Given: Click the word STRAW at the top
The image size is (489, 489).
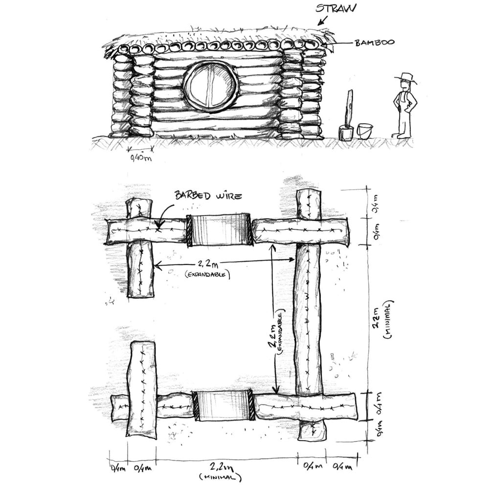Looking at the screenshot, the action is point(335,8).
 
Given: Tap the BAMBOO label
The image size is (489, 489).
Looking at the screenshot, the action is point(375,43).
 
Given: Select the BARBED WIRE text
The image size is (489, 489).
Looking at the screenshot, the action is point(208,196).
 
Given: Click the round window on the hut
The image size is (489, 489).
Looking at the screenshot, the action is point(211,86).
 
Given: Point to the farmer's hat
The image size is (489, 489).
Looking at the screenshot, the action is point(405,78).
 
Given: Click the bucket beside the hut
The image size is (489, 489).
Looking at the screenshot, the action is point(365,131).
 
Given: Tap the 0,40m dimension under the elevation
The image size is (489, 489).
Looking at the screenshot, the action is point(141,158).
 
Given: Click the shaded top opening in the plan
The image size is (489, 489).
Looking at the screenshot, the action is point(220,230).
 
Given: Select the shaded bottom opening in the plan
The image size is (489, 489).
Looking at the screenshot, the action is point(223,404).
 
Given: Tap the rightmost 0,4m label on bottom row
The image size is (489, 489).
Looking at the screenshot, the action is point(342,467).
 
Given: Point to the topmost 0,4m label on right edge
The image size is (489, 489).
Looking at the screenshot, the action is point(376,203).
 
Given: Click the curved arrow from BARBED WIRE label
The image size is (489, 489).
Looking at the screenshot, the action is point(165,215).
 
